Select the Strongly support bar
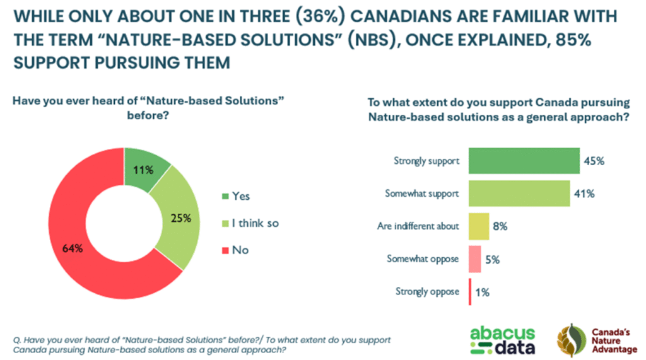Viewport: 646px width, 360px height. tap(524, 161)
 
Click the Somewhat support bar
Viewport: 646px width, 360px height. tap(519, 194)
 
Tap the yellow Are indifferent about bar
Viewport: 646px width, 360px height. tap(479, 226)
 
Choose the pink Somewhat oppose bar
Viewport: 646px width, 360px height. tap(475, 259)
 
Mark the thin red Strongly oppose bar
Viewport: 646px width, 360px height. tap(470, 292)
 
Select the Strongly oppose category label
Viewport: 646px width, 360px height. tap(428, 292)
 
